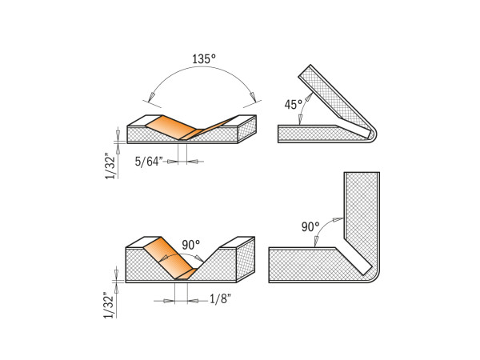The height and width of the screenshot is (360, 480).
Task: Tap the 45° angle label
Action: point(294,105)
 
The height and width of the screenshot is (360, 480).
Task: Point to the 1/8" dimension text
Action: point(219,300)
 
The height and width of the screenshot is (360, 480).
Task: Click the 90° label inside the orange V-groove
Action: point(190,245)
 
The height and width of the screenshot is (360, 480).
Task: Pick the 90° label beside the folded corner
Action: point(311,227)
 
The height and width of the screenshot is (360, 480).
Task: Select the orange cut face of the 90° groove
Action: point(170,256)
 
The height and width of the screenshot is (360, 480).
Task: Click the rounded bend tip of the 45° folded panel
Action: point(370,134)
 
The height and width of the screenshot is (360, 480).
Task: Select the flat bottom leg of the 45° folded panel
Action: point(312,134)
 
